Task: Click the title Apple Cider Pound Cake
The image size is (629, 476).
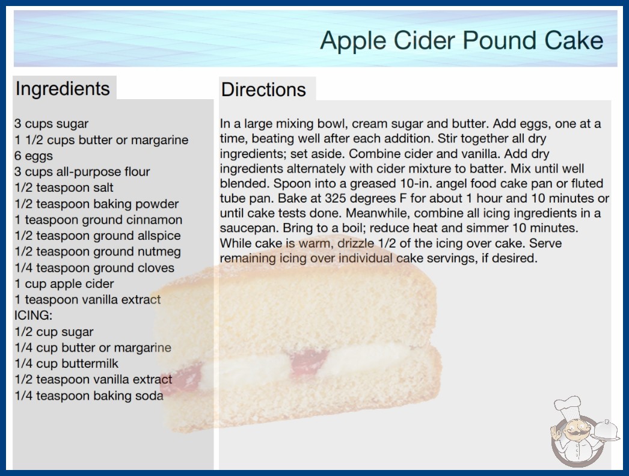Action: [x=461, y=40]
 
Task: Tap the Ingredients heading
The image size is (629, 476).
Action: [x=63, y=88]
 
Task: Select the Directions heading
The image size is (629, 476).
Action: [x=263, y=90]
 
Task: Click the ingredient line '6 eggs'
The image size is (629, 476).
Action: [x=34, y=156]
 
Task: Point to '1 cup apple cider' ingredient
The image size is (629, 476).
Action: [x=64, y=284]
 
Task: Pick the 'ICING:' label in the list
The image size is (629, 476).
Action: [x=33, y=315]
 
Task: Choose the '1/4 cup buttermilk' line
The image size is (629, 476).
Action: [x=67, y=364]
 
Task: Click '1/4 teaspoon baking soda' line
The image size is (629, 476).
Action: [x=89, y=395]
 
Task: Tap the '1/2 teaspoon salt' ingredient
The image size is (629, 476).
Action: [x=64, y=188]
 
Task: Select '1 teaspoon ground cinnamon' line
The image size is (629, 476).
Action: [x=98, y=219]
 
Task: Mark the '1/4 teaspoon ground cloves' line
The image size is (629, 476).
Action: [x=94, y=267]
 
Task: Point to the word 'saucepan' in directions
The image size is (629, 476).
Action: [x=249, y=228]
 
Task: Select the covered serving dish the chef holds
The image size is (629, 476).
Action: [x=606, y=430]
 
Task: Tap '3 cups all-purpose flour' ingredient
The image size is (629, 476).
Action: [x=82, y=172]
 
